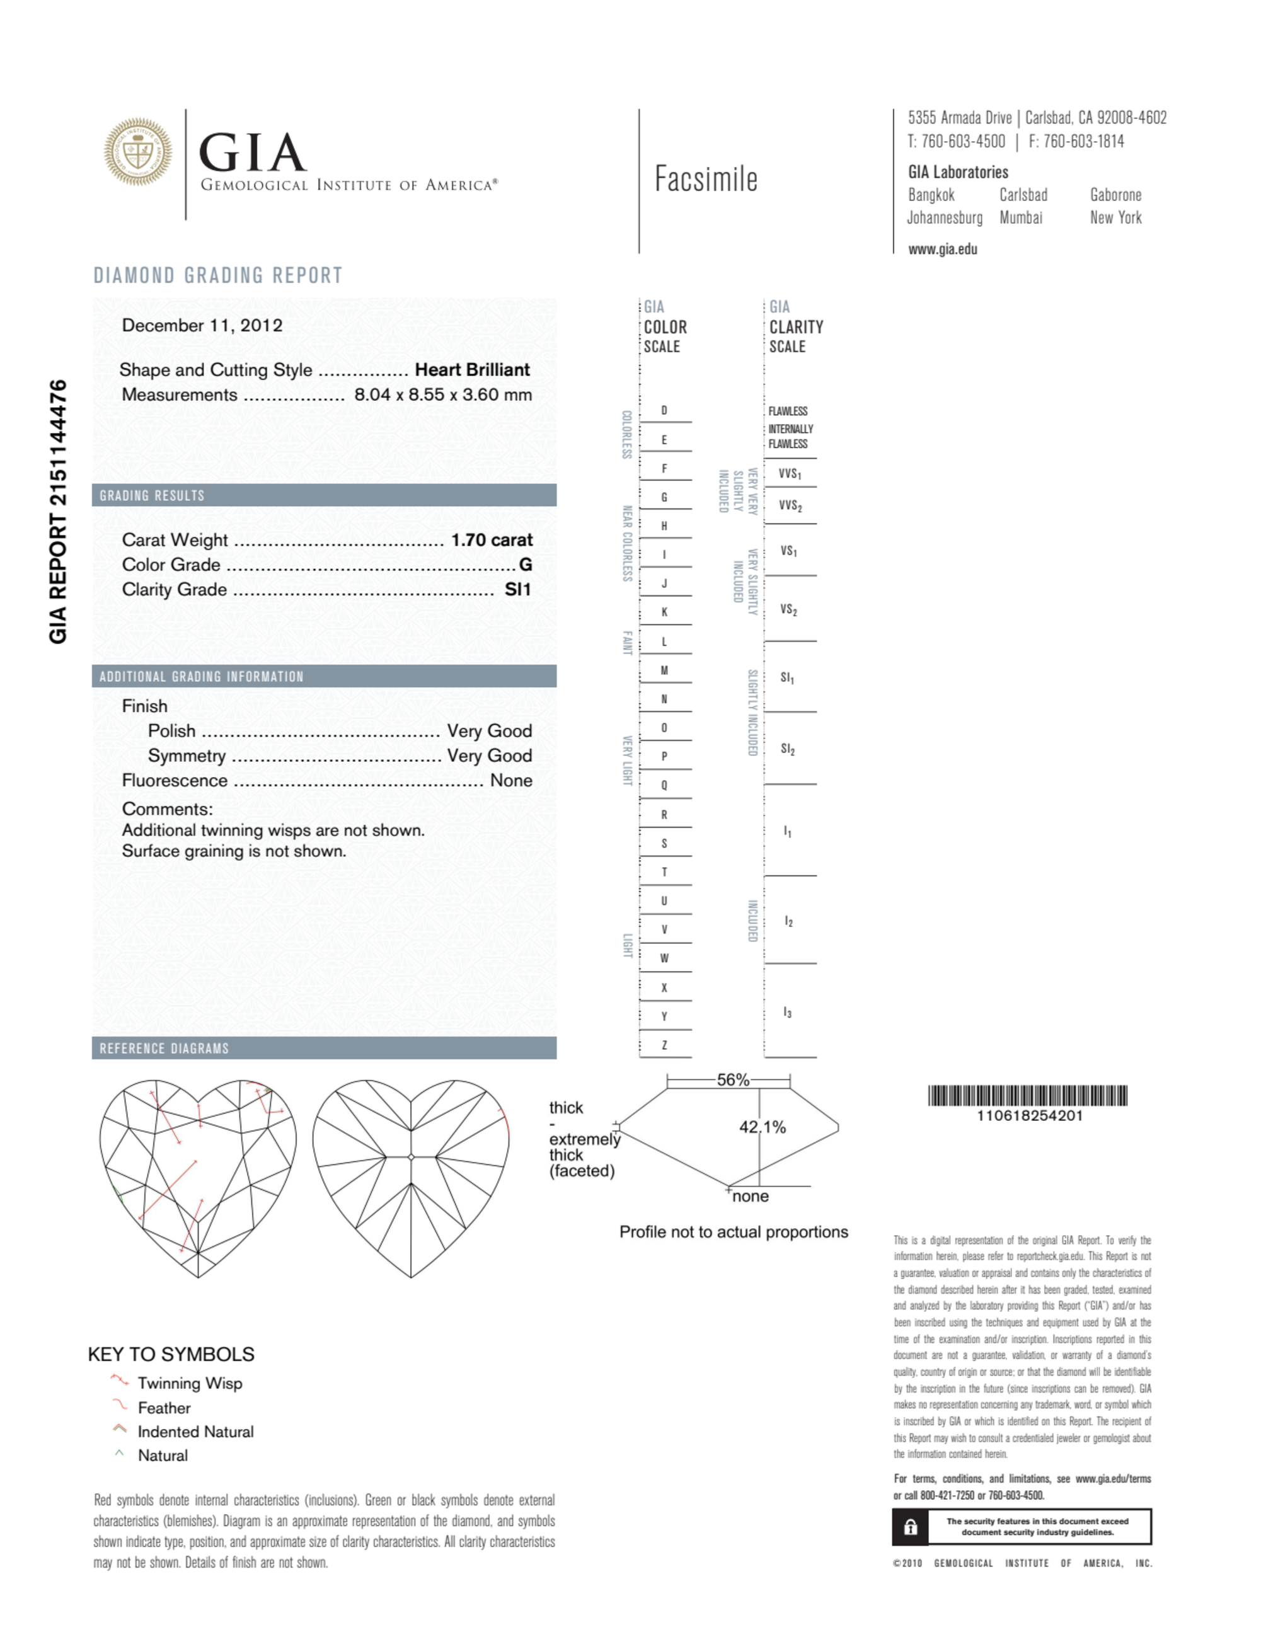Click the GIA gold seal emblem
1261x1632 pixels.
(137, 152)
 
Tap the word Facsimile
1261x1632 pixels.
(706, 180)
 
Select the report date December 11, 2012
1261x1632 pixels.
(202, 325)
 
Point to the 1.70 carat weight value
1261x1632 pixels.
(491, 539)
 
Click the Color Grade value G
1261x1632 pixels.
(526, 565)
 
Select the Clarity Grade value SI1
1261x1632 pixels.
(517, 590)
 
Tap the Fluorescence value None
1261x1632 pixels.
(510, 780)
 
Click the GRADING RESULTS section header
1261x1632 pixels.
(152, 495)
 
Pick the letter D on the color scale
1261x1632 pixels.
(664, 410)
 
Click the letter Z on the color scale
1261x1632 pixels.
(664, 1045)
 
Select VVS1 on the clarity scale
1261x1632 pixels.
(790, 474)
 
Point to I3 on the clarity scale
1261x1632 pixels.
(787, 1013)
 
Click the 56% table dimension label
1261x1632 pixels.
(732, 1080)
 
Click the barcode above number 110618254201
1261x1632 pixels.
(1028, 1096)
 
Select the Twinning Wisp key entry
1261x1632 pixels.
(189, 1383)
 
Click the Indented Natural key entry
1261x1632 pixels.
(195, 1432)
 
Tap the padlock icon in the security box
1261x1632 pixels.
(911, 1527)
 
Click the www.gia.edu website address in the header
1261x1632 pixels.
(942, 250)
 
